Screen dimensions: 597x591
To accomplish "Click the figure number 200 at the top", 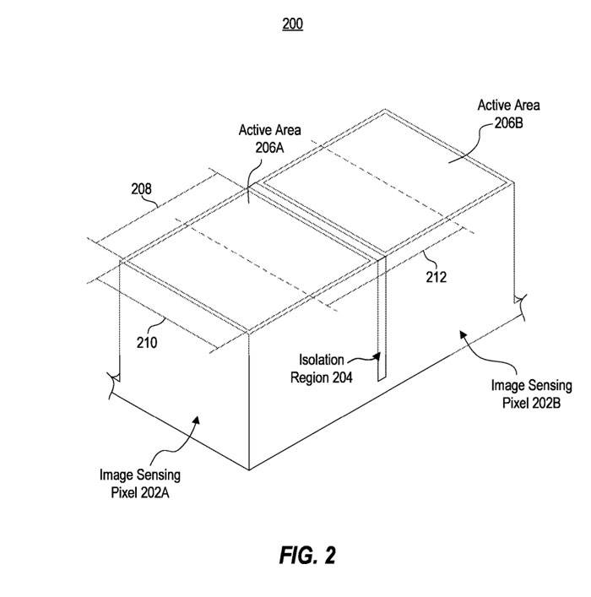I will [x=292, y=24].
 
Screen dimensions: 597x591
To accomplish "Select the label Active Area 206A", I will [x=269, y=138].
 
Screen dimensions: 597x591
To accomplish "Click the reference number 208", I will [x=141, y=189].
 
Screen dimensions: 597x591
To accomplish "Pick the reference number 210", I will [x=146, y=342].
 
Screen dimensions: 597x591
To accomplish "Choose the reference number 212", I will [x=436, y=276].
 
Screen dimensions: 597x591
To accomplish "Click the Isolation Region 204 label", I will [x=322, y=370].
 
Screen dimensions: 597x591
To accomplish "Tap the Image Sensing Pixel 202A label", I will [x=140, y=483].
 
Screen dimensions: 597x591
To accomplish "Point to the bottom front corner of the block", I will [x=250, y=469].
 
